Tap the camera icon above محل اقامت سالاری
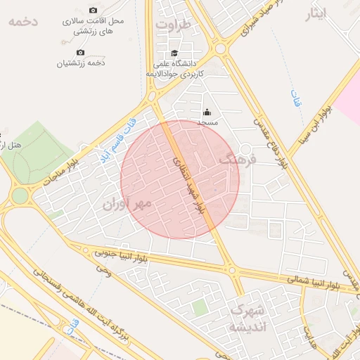(94, 11)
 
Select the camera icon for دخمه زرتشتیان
(80, 52)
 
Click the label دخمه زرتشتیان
(81, 63)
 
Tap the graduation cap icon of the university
(174, 53)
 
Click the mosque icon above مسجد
(207, 112)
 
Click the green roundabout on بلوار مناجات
(20, 195)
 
